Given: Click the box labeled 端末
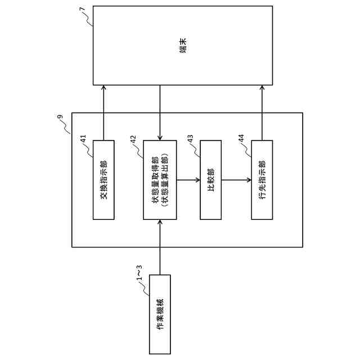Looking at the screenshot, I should pyautogui.click(x=183, y=46).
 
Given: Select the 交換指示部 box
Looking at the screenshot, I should pyautogui.click(x=103, y=179).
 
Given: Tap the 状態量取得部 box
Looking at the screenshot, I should pyautogui.click(x=160, y=179).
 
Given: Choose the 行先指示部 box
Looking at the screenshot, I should pyautogui.click(x=262, y=179).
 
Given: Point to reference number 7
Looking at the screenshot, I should pyautogui.click(x=83, y=11).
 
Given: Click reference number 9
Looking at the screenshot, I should pyautogui.click(x=61, y=118).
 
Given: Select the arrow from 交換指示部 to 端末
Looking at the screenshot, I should pyautogui.click(x=103, y=112).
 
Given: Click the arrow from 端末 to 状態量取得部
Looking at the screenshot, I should pyautogui.click(x=160, y=112).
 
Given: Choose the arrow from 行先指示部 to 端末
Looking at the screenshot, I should pyautogui.click(x=262, y=112).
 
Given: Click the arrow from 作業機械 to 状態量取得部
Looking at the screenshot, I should pyautogui.click(x=160, y=247).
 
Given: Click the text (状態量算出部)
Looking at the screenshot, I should pyautogui.click(x=166, y=179).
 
